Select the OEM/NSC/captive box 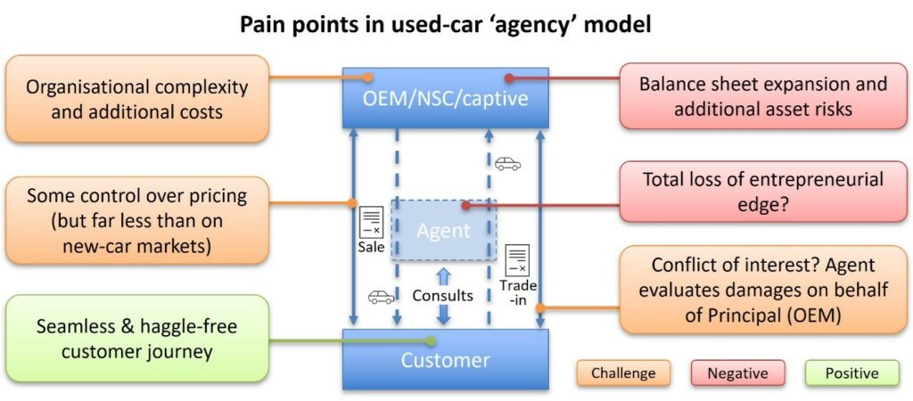[445, 97]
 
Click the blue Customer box [445, 360]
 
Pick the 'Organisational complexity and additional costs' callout [136, 99]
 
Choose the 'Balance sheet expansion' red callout [763, 97]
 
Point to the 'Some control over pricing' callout [136, 220]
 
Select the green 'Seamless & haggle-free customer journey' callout [136, 340]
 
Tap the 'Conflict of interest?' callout [763, 290]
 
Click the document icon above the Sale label [371, 222]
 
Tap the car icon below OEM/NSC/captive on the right [508, 164]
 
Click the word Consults [442, 295]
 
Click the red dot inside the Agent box [465, 204]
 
